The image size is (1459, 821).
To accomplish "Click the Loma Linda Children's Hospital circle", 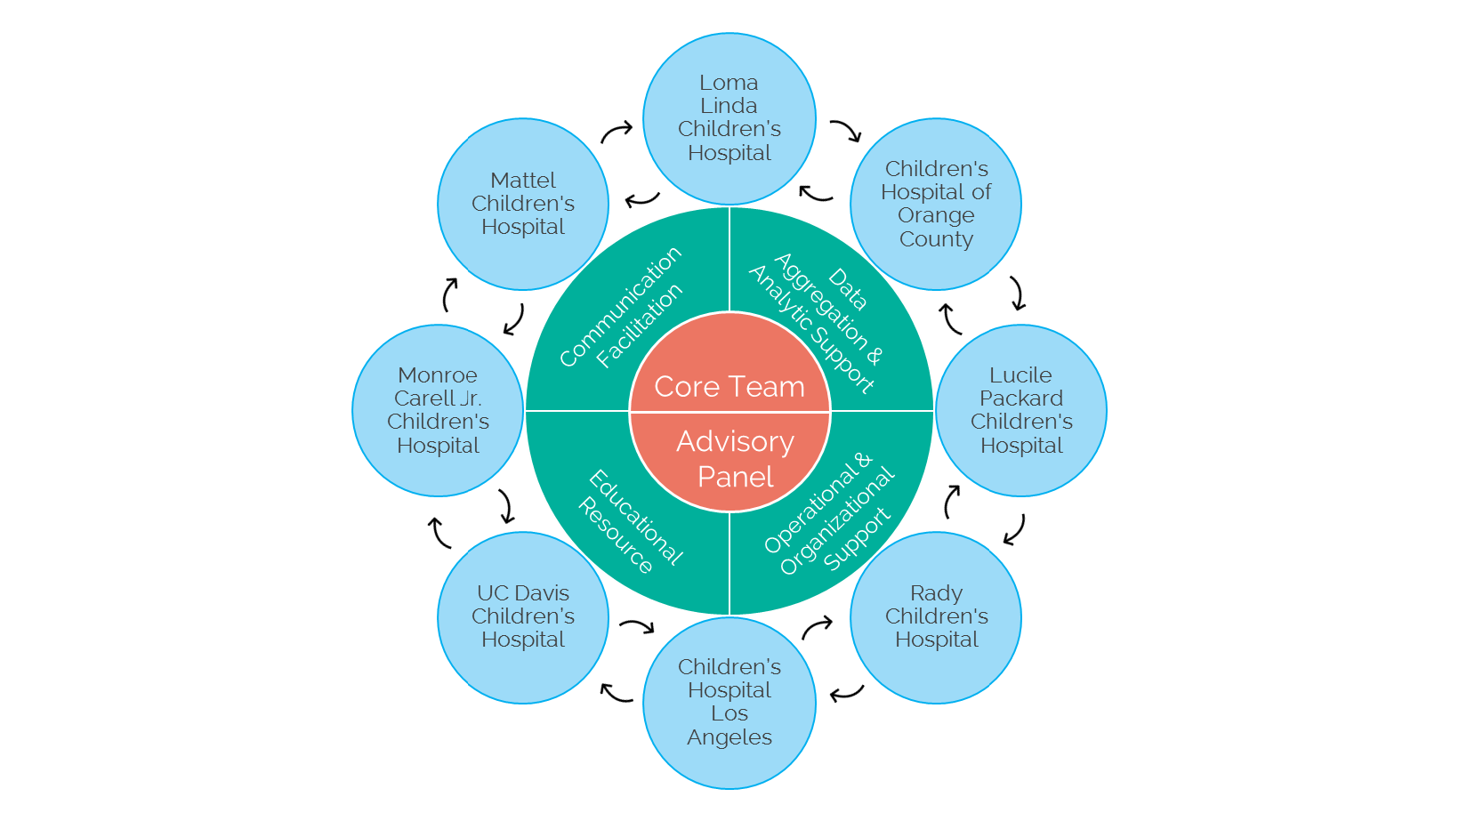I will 729,118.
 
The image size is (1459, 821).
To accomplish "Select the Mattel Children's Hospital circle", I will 523,204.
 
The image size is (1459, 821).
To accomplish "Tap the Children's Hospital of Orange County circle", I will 936,204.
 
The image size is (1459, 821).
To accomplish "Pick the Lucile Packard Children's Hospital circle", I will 1021,410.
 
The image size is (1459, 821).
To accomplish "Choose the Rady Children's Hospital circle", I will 936,616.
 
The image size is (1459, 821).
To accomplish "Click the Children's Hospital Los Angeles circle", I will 729,703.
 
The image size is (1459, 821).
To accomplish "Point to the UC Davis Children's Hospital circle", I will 523,616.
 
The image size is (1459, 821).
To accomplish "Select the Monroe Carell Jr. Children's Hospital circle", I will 438,410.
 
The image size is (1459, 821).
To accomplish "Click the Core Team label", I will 729,387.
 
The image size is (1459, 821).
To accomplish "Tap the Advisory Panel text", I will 735,459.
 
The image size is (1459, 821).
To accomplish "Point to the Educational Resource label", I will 630,521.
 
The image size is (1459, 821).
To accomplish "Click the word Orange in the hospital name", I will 936,215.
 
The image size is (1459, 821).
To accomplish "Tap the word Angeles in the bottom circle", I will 729,737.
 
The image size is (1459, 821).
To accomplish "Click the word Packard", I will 1021,398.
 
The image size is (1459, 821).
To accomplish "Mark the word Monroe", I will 438,375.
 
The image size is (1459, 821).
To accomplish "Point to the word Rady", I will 936,593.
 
